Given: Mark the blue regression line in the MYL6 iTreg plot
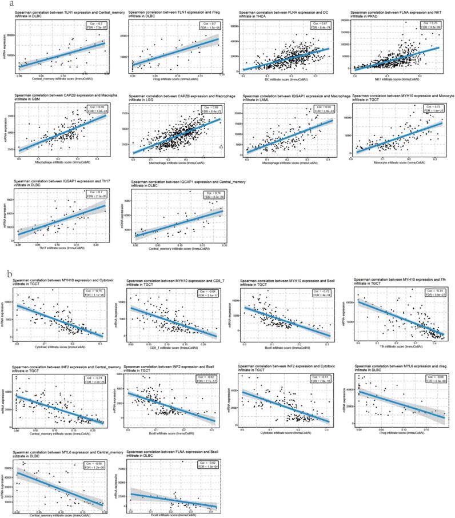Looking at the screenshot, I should click(x=400, y=404).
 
